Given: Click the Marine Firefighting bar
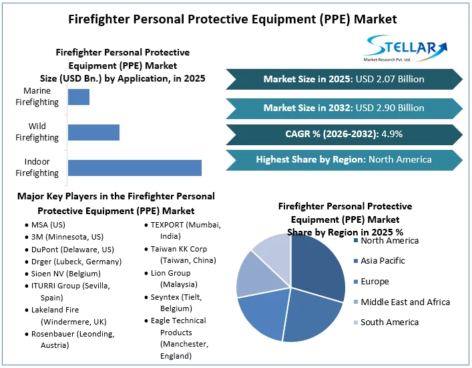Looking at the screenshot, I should pyautogui.click(x=79, y=96).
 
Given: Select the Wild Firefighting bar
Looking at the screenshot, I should pyautogui.click(x=93, y=132).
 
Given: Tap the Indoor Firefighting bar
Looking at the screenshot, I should pyautogui.click(x=135, y=167).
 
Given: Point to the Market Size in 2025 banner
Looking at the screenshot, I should pyautogui.click(x=343, y=79).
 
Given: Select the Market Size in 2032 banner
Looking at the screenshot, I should pyautogui.click(x=343, y=107).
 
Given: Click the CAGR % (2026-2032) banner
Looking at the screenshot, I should pyautogui.click(x=343, y=134).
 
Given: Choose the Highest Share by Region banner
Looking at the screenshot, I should pyautogui.click(x=343, y=160).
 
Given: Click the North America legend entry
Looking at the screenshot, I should pyautogui.click(x=389, y=241).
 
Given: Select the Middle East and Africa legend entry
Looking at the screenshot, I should pyautogui.click(x=405, y=302).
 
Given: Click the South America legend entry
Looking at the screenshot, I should pyautogui.click(x=389, y=323).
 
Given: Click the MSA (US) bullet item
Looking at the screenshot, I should pyautogui.click(x=48, y=225).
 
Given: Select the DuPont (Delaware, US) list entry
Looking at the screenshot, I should pyautogui.click(x=67, y=249).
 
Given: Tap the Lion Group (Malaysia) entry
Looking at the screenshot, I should pyautogui.click(x=170, y=278).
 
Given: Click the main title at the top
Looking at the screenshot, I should pyautogui.click(x=236, y=18).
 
